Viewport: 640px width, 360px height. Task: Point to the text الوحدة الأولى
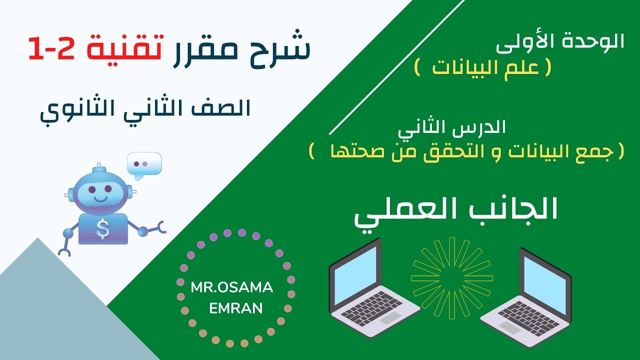(560, 42)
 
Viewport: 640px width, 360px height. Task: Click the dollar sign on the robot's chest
(103, 229)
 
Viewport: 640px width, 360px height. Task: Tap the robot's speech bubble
(144, 164)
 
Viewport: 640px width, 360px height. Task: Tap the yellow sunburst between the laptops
(451, 277)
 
